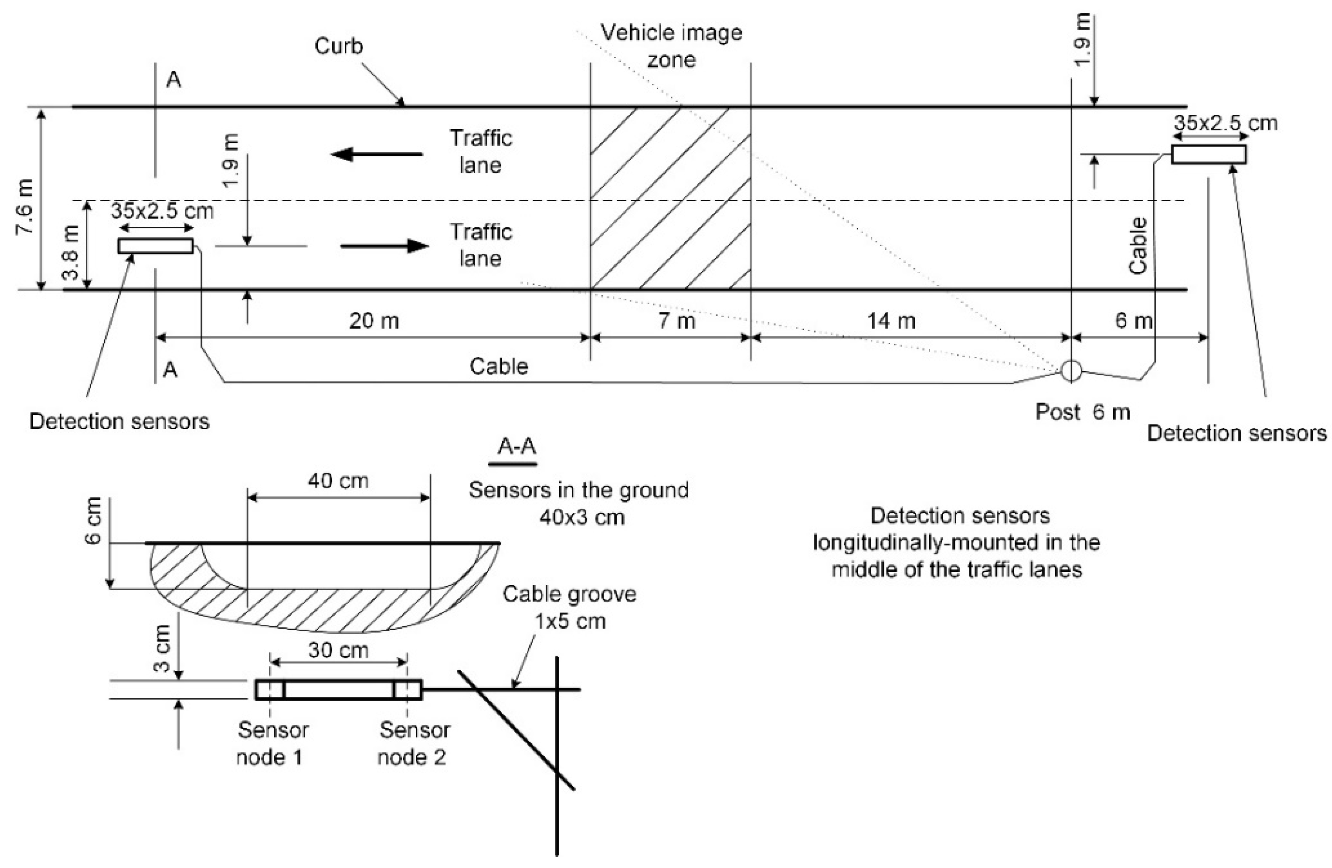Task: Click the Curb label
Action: (338, 46)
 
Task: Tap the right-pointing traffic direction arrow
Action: (385, 245)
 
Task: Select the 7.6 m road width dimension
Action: (25, 207)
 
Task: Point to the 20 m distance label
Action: (374, 321)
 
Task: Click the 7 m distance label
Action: (676, 321)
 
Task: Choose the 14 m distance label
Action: (891, 321)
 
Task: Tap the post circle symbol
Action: (1071, 370)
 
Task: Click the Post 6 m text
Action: (1082, 412)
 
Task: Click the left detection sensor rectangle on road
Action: (155, 245)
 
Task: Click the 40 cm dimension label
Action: (338, 481)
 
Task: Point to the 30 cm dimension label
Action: (338, 650)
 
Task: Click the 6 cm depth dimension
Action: (93, 520)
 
